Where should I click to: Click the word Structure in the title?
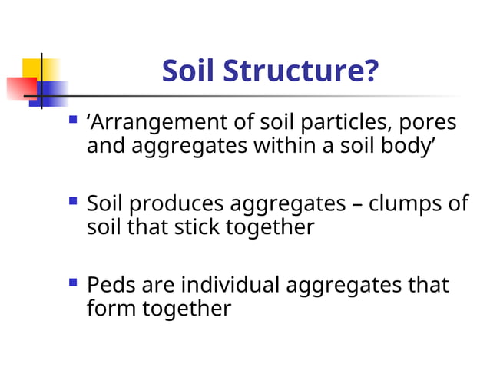302,72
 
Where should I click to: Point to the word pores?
426,123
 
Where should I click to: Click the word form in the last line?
110,308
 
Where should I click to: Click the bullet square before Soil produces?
73,201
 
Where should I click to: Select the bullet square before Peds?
73,283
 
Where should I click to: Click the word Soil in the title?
189,72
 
